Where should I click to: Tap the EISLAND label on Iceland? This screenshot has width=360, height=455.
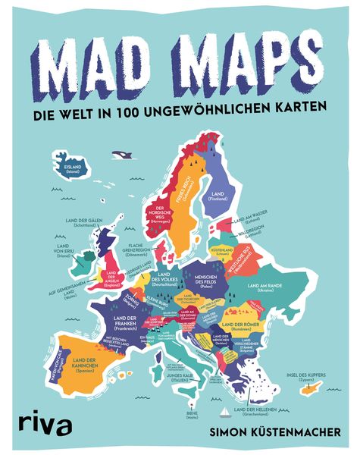pos(74,169)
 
